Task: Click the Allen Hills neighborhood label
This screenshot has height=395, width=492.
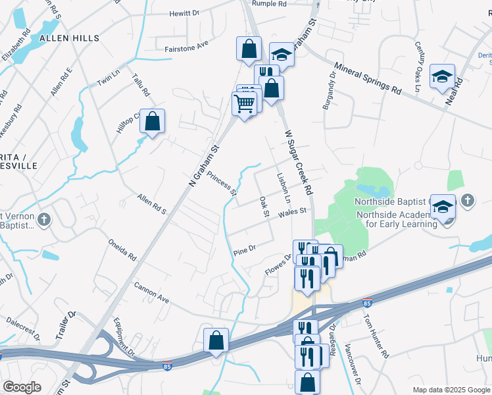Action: point(70,39)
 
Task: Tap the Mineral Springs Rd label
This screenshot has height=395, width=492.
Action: point(368,78)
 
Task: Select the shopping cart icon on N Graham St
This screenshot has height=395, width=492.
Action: point(244,103)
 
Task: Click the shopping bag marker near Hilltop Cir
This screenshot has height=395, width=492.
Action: point(152,120)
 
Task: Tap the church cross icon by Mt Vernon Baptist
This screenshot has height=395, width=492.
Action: point(44,219)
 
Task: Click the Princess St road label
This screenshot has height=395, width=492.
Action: point(222,184)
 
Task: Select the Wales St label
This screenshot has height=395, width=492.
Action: point(292,212)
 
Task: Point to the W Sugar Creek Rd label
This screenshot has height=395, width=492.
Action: point(298,161)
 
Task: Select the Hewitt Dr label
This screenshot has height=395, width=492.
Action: point(184,13)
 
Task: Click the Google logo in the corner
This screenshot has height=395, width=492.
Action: point(22,387)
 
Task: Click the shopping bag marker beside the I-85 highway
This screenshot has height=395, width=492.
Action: point(216,340)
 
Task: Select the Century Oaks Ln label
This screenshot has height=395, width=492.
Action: point(417,63)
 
